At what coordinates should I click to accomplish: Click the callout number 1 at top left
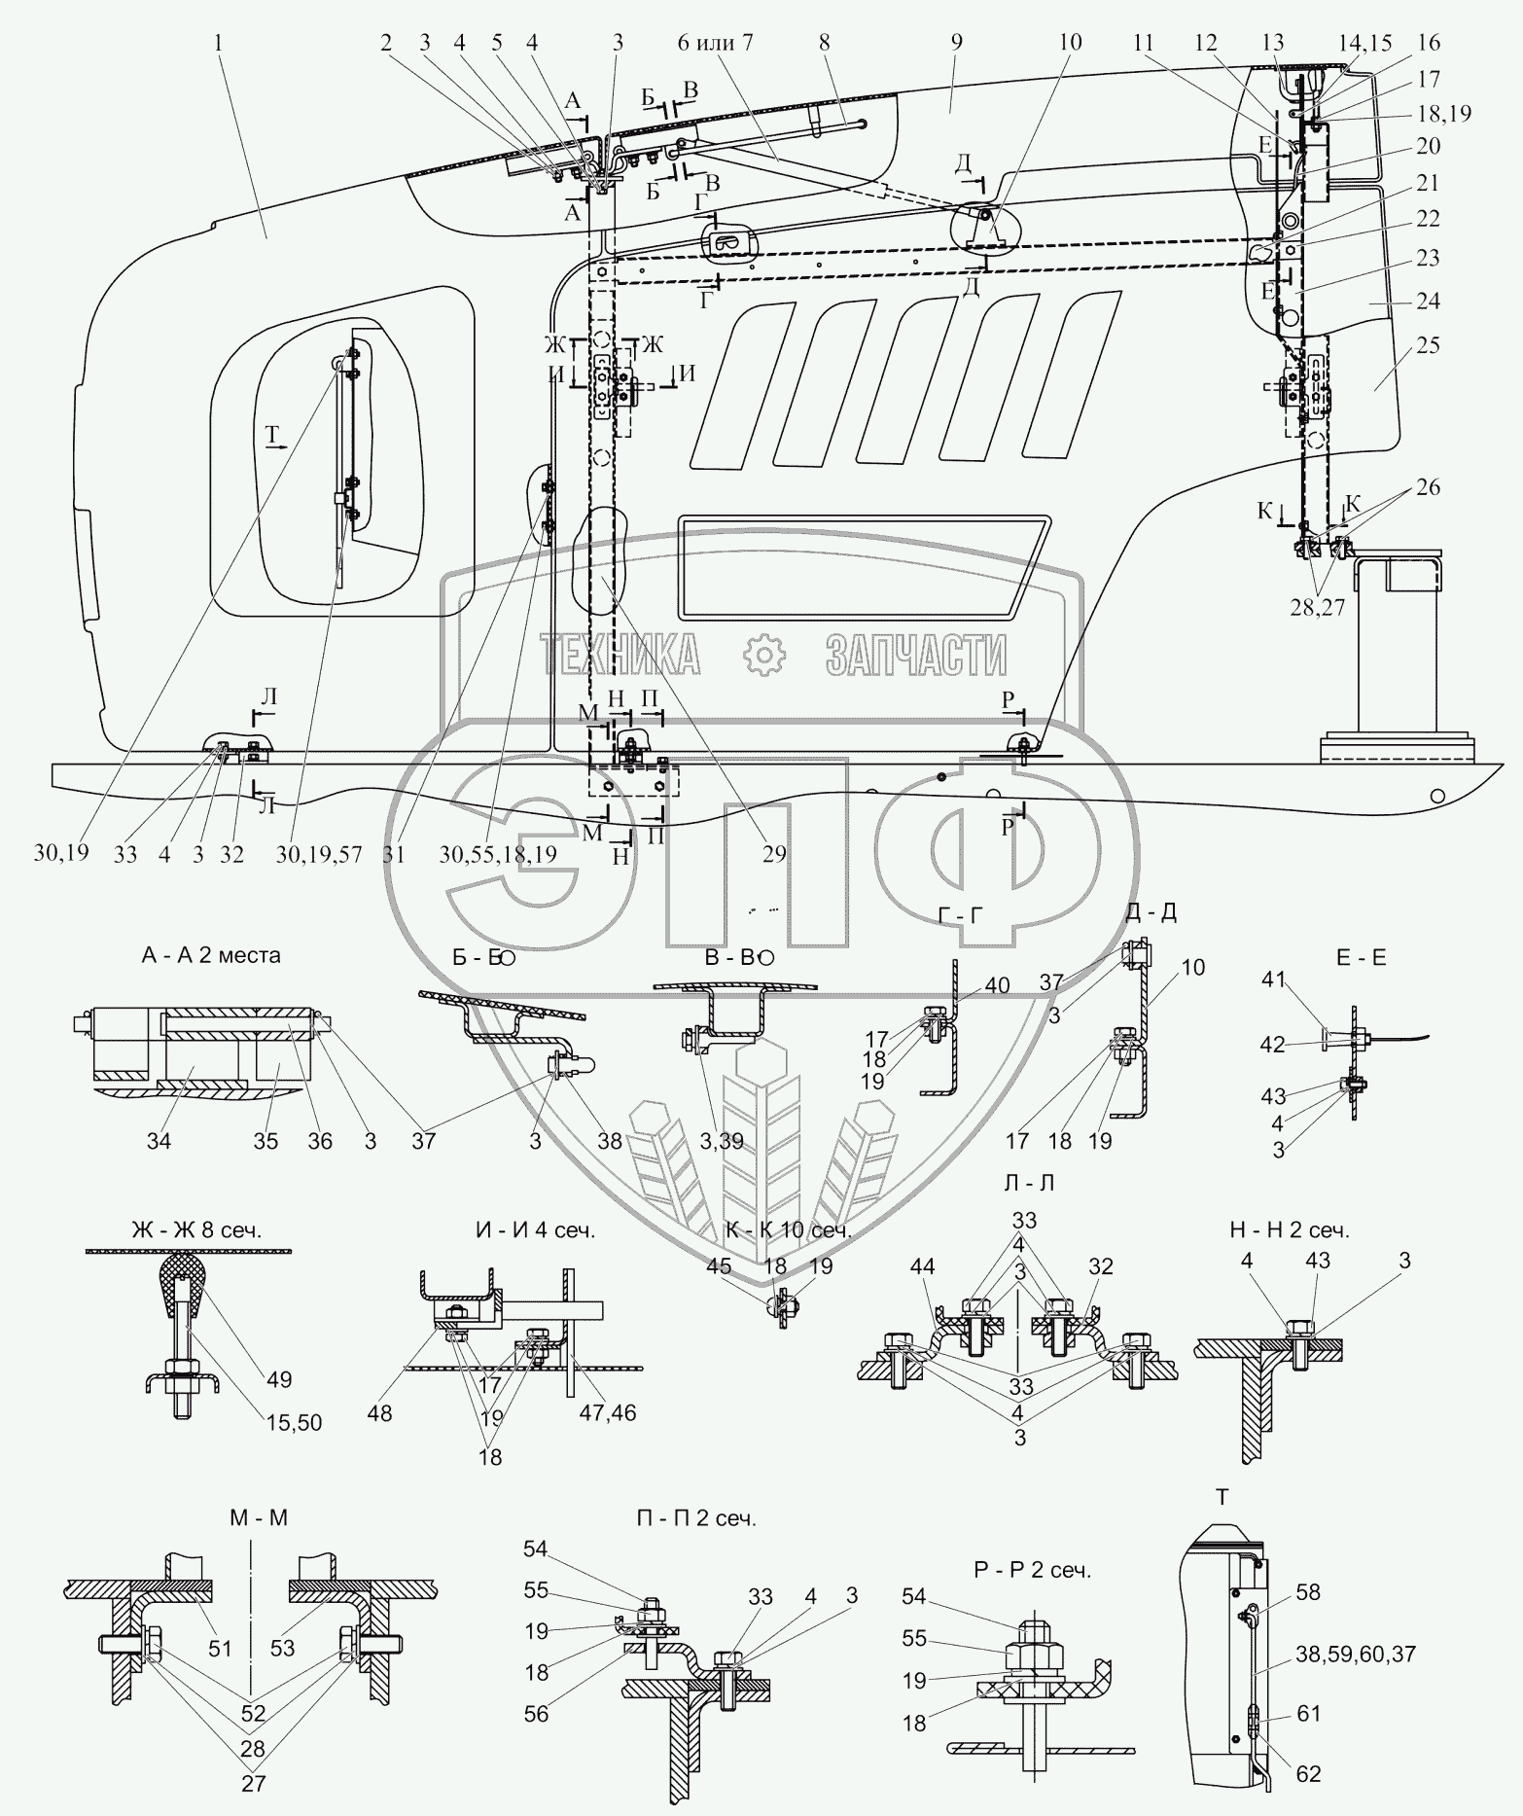(x=220, y=43)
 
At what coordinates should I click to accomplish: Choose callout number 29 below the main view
(x=774, y=854)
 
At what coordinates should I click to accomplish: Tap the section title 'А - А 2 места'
(x=211, y=955)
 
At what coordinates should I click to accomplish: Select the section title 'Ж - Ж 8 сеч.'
(x=196, y=1229)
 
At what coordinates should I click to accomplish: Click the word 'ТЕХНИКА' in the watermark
(x=621, y=655)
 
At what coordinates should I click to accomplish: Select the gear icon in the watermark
(x=763, y=655)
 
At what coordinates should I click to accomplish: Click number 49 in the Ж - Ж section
(x=279, y=1379)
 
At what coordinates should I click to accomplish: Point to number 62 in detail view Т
(x=1309, y=1774)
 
